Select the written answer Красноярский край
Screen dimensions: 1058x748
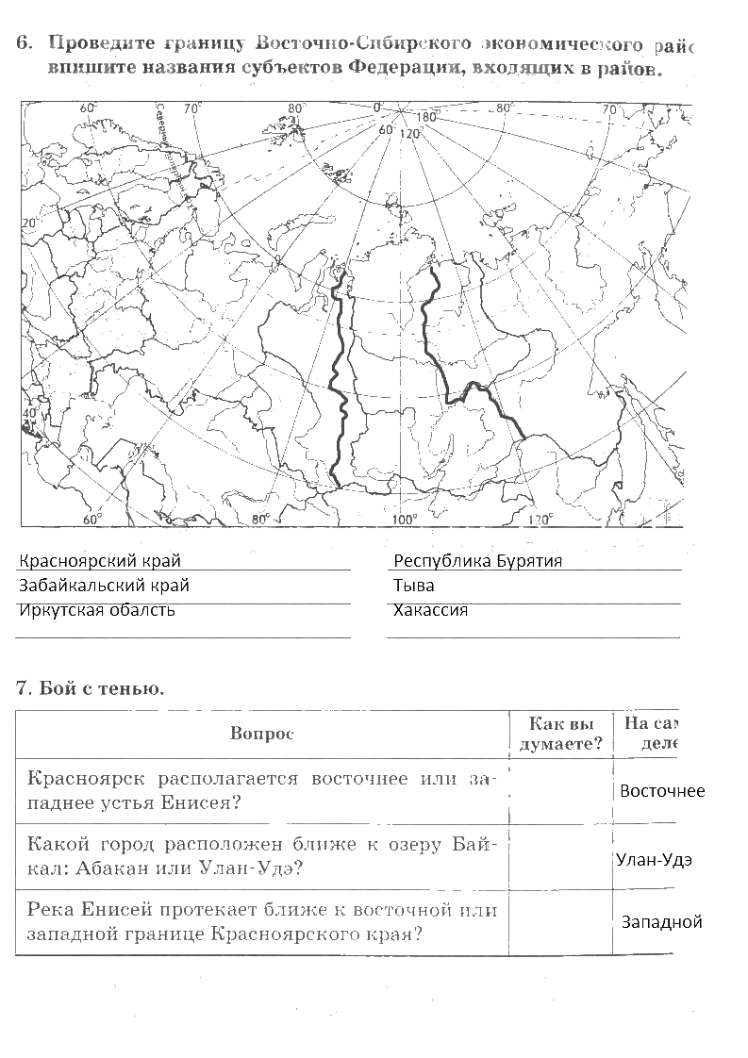pos(99,561)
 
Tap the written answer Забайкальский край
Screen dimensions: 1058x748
pos(104,586)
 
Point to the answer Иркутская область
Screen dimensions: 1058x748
pos(97,610)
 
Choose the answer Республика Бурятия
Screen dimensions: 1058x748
pos(477,561)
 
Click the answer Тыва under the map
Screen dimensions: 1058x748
pos(414,586)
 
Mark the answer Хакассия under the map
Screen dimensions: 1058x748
pos(431,610)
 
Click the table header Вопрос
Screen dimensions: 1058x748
pos(261,735)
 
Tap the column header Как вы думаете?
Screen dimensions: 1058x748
pos(561,734)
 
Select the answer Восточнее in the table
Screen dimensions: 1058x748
pos(661,791)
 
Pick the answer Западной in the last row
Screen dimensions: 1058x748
pos(661,922)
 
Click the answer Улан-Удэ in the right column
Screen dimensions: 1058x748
pos(654,860)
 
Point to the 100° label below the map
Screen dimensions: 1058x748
pos(405,518)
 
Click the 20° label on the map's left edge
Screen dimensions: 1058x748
pos(28,223)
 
